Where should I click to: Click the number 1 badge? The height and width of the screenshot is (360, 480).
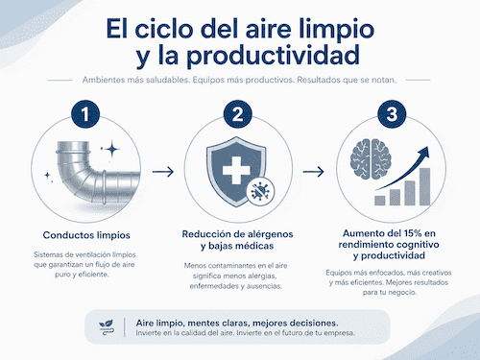click(x=85, y=114)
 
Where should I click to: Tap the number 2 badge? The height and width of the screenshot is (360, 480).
click(x=237, y=114)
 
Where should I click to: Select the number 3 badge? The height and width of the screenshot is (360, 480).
click(x=392, y=114)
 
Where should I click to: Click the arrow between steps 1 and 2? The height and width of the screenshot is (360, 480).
click(x=163, y=172)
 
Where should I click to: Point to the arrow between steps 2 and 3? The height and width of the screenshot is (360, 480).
click(x=314, y=172)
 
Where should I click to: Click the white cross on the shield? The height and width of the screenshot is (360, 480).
click(x=236, y=170)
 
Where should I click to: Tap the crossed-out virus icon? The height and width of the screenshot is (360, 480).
click(x=260, y=191)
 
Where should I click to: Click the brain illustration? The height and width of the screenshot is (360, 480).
click(x=371, y=159)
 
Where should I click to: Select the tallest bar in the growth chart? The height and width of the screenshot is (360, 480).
click(x=424, y=186)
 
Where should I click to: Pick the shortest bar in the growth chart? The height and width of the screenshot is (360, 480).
click(x=380, y=201)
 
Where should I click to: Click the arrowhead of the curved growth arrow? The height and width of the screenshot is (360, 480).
click(x=424, y=152)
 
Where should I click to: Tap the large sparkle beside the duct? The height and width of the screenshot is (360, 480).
click(x=112, y=149)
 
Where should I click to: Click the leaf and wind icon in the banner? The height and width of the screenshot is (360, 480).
click(x=106, y=327)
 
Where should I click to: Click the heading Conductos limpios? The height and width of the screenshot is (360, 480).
click(x=86, y=235)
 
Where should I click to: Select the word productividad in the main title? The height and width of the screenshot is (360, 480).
click(x=273, y=55)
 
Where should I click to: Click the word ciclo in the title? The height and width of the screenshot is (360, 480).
click(x=164, y=29)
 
